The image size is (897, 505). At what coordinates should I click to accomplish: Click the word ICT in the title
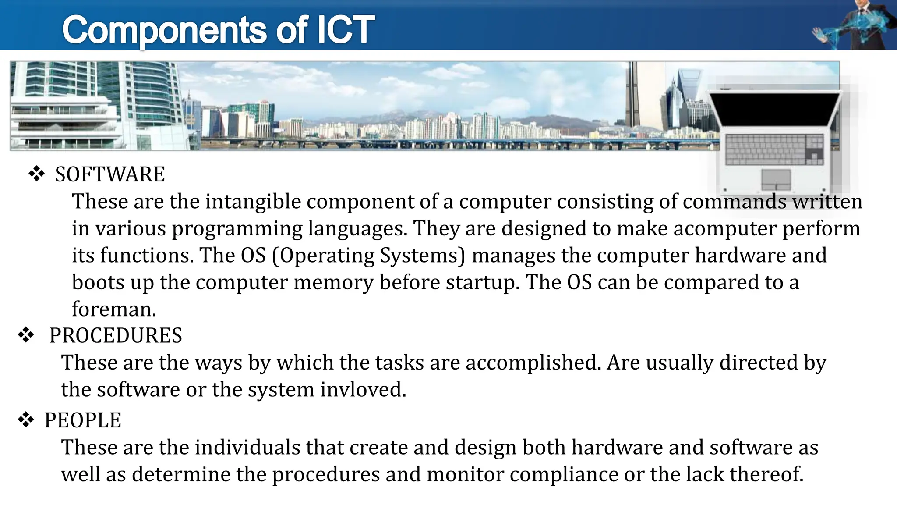pos(345,30)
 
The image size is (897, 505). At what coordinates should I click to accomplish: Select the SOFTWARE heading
pos(110,174)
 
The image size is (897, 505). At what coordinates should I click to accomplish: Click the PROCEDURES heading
pos(116,336)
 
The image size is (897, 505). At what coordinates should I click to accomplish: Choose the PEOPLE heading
pos(83,420)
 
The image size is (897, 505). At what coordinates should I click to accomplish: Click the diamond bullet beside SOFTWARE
pos(37,174)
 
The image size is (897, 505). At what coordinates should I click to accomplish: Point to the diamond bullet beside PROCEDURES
pos(26,336)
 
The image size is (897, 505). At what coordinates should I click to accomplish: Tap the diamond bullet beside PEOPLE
pos(26,420)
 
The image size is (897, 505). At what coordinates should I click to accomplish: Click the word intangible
pos(253,202)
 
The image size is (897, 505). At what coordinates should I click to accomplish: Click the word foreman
pos(114,309)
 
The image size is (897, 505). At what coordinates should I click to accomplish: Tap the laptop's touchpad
pos(776,179)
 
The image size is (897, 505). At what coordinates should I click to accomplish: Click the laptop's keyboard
pos(774,149)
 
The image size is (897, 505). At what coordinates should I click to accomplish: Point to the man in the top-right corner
pos(865,24)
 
